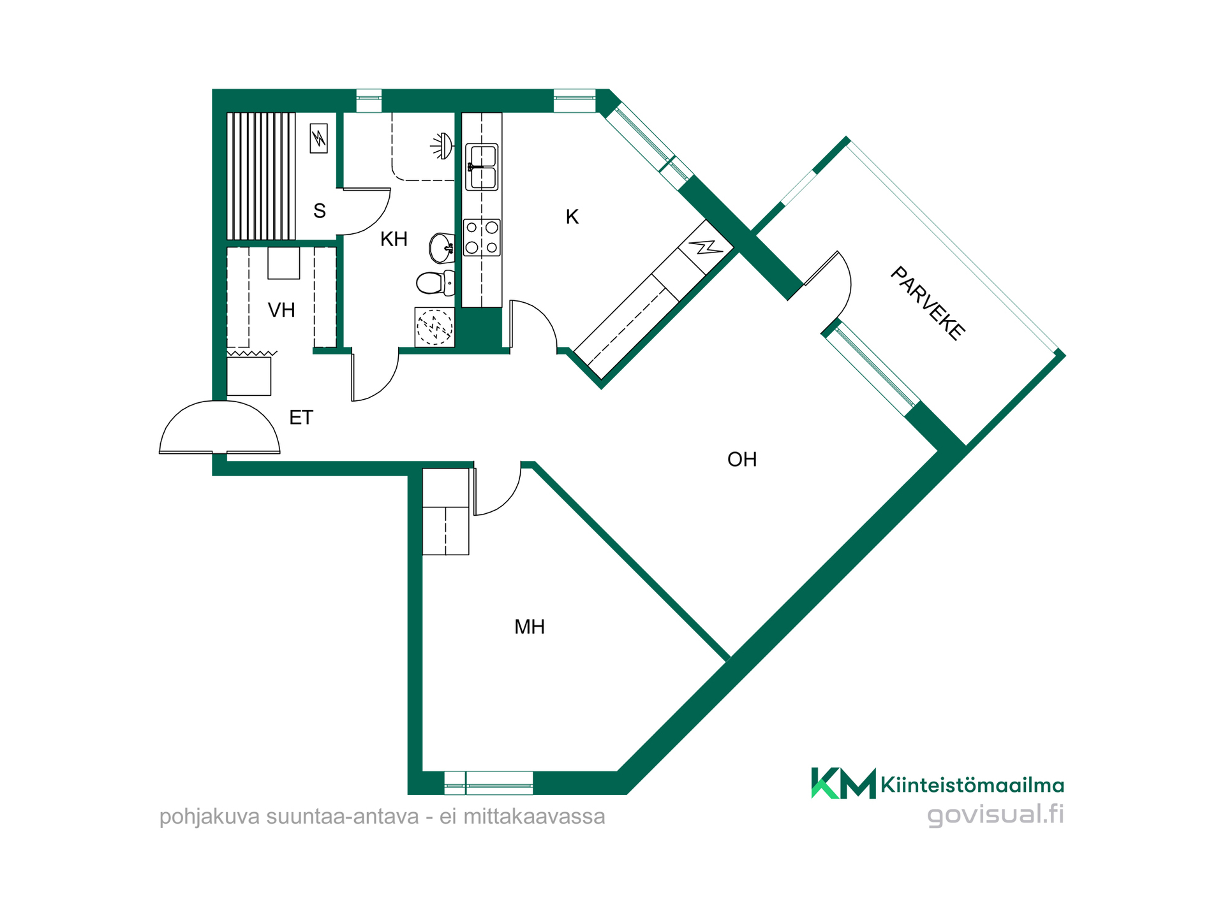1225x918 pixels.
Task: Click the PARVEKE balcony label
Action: click(927, 303)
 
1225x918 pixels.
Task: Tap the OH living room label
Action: click(742, 460)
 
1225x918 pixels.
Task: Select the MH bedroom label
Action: click(530, 627)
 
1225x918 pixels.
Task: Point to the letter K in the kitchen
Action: click(572, 217)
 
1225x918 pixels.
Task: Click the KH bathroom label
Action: click(394, 240)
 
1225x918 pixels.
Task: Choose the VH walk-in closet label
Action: click(281, 310)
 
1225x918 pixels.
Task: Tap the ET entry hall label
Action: click(301, 418)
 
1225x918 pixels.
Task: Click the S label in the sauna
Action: click(320, 211)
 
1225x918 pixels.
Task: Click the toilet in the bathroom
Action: click(435, 282)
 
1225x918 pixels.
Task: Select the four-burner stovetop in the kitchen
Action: click(482, 238)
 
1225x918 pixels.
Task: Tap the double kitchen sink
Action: click(482, 167)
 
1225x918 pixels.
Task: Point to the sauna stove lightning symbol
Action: click(318, 138)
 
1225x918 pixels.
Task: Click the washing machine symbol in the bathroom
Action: click(434, 327)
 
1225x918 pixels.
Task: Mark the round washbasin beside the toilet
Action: click(442, 248)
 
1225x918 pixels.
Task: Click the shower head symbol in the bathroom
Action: click(442, 146)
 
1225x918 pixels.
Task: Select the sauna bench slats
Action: click(262, 176)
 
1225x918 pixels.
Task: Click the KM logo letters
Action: click(843, 783)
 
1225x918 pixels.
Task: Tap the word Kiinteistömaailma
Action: click(972, 785)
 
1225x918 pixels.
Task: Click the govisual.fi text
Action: click(995, 815)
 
